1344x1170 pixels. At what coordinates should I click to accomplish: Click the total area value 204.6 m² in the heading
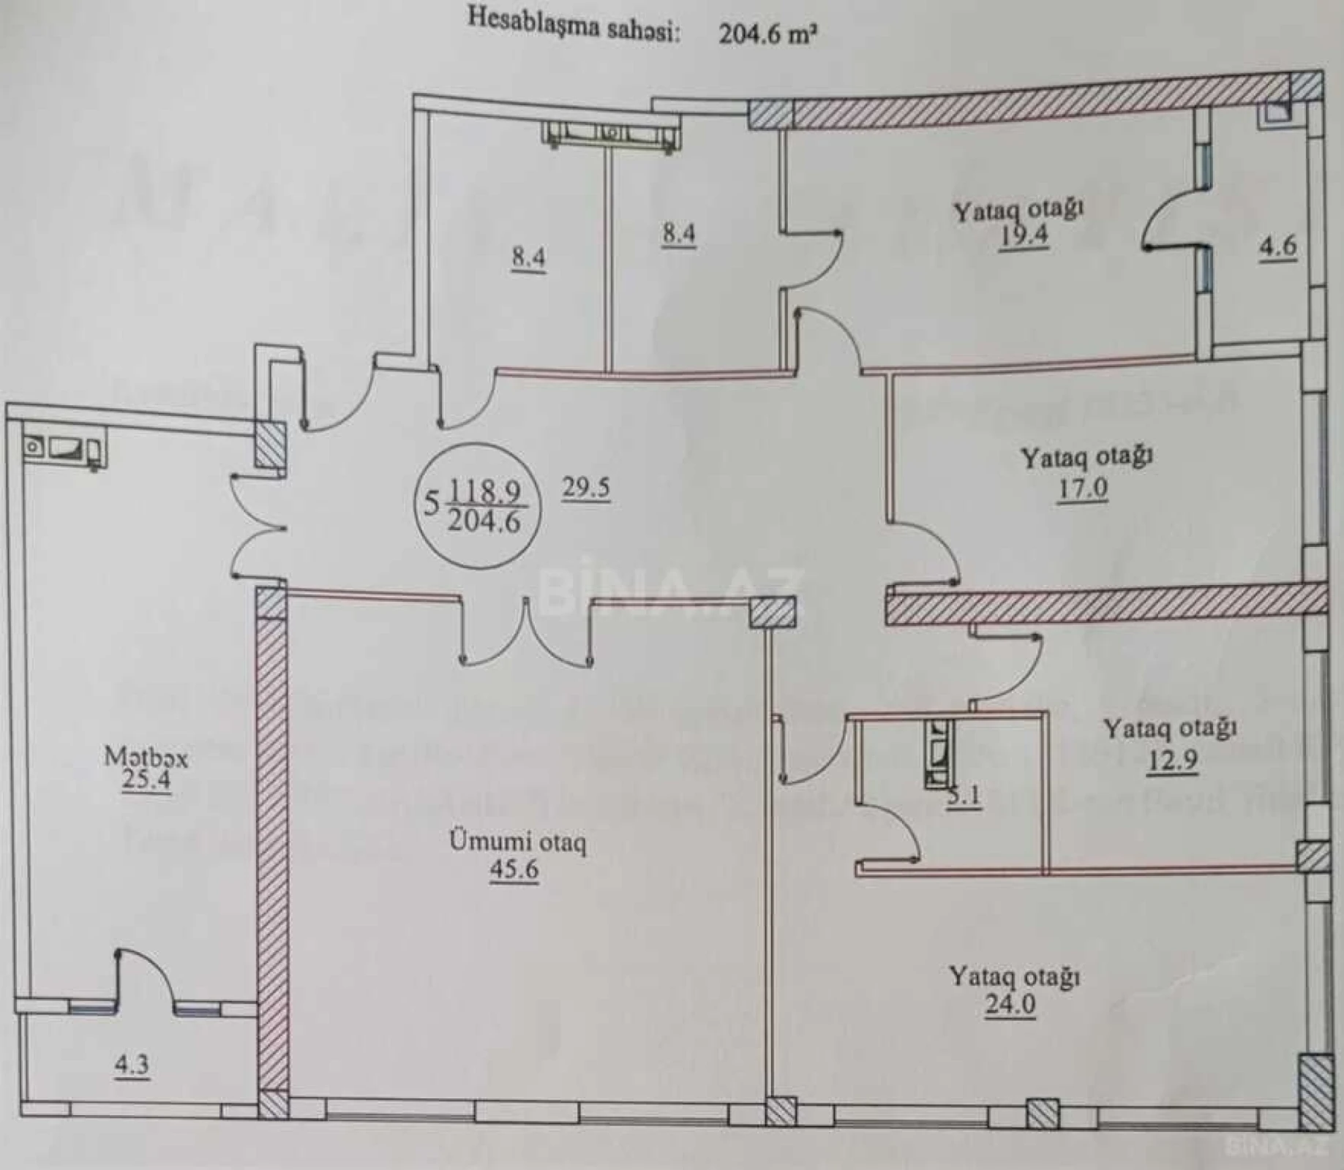(766, 34)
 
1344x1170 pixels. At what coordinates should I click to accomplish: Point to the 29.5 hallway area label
(586, 487)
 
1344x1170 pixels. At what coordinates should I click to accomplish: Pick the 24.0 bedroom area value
(1010, 1004)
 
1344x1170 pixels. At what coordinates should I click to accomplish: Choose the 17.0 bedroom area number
(1082, 487)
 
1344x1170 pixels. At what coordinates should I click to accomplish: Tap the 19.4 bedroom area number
(1024, 237)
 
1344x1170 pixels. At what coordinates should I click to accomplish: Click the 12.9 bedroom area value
(1172, 760)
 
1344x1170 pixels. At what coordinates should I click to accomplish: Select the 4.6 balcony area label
(1277, 246)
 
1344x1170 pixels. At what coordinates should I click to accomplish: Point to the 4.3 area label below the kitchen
(132, 1064)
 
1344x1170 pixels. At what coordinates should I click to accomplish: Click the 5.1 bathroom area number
(964, 796)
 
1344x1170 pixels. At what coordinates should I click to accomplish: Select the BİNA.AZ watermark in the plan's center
(672, 592)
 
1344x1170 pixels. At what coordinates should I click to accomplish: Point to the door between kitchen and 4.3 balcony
(144, 981)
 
